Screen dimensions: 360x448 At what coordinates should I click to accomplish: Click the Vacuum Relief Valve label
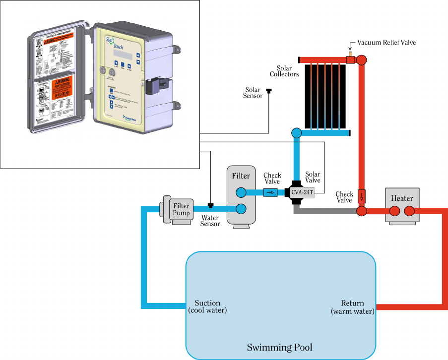coord(389,43)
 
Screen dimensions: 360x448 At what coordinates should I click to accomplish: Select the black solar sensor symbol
coord(269,91)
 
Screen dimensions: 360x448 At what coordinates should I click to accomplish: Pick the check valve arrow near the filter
coord(270,192)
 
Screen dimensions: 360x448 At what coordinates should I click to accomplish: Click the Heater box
coord(402,198)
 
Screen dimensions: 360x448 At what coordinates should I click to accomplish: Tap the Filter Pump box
coord(181,209)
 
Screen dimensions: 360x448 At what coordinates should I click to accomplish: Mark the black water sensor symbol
coord(210,205)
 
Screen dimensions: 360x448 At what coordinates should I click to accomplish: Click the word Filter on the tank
coord(241,176)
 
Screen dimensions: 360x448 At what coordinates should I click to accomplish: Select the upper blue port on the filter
coord(241,192)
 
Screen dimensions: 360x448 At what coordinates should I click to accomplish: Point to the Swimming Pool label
coord(280,347)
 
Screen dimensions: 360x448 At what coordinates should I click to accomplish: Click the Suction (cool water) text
coord(207,307)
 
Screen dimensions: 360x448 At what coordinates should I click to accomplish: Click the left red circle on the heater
coord(395,211)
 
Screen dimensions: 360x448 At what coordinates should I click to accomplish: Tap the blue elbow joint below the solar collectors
coord(297,133)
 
